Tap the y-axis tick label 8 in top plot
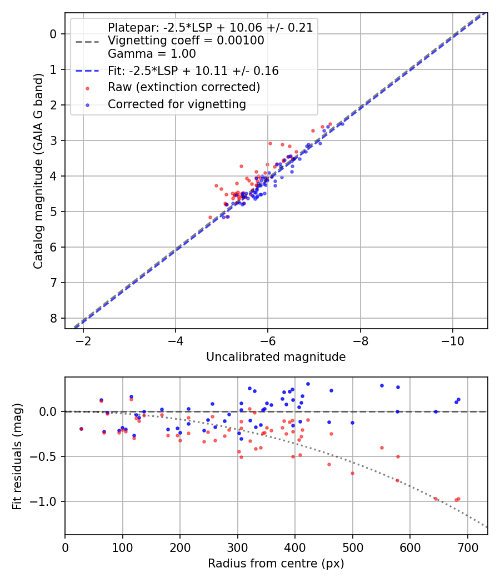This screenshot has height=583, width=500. (54, 318)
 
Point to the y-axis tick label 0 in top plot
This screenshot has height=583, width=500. (54, 34)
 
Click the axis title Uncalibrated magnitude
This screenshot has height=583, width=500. (276, 357)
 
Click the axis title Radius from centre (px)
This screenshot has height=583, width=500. (276, 564)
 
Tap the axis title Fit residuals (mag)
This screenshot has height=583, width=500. (17, 456)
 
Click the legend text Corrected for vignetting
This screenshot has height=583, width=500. (177, 104)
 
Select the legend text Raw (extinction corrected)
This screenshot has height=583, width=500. (184, 87)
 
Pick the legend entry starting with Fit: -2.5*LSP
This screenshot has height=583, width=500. (193, 71)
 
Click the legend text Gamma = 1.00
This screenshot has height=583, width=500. (152, 54)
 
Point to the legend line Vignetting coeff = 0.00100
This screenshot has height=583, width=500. (186, 41)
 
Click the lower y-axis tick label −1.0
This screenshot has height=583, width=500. (46, 501)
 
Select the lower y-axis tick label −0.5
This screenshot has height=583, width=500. (46, 456)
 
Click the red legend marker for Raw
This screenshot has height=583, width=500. (88, 88)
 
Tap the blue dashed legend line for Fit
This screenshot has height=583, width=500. (88, 71)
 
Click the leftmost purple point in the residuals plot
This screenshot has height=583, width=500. (81, 429)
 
